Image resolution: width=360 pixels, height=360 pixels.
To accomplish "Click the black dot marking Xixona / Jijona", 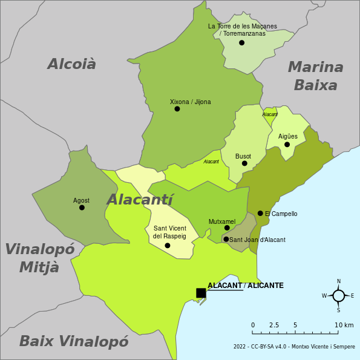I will tap(177, 109).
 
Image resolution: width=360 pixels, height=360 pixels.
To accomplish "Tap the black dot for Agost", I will tap(82, 208).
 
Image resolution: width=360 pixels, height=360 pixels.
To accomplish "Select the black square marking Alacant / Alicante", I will tap(201, 293).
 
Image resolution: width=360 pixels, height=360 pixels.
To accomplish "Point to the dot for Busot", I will tap(244, 163).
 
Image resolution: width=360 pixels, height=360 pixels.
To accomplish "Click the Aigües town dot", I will tap(287, 144).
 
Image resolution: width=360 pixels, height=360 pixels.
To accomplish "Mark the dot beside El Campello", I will tap(260, 213).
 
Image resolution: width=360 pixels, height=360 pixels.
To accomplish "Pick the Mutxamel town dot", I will tap(227, 228).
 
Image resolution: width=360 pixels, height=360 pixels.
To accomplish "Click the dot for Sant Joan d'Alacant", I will tap(226, 239).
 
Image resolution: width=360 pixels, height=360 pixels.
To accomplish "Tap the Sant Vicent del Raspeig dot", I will tap(168, 245).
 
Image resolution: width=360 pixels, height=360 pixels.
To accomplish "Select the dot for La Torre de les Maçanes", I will tap(241, 42).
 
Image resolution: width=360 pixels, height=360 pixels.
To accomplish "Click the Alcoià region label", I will tap(71, 64).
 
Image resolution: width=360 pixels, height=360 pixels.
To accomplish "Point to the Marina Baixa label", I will tap(315, 76).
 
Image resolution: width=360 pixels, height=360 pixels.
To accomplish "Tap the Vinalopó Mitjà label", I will tap(39, 258).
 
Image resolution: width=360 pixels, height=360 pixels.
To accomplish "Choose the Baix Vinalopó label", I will tap(74, 341).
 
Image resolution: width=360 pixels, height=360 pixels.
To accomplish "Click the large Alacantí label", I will tap(140, 200).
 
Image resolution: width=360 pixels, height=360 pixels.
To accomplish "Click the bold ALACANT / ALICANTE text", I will tap(246, 286).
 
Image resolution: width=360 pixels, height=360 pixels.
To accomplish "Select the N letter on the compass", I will tap(339, 281).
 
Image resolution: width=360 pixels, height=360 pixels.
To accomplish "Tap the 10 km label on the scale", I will tap(344, 326).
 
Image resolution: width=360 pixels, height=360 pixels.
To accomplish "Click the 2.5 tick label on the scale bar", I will tap(274, 326).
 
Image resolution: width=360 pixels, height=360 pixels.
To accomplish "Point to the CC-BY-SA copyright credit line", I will tap(294, 347).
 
